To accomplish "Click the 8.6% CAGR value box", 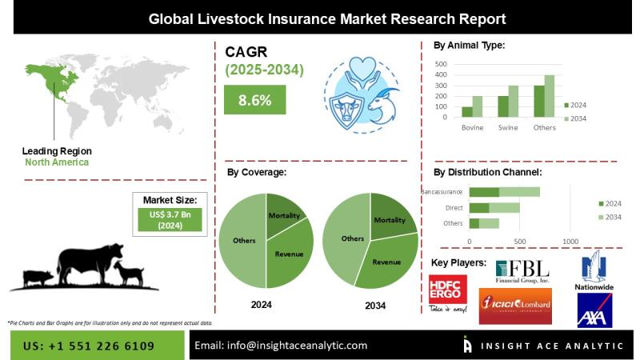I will tap(254, 101).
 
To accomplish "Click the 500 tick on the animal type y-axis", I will tap(442, 63).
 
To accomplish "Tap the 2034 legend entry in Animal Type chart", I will tap(576, 118).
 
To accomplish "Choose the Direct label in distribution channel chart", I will tap(454, 207).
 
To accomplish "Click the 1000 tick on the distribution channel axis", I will tap(570, 241).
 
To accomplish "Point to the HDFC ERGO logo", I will tap(447, 293).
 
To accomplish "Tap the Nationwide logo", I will tap(595, 272).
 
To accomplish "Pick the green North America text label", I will tap(55, 162).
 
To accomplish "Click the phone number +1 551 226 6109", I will tap(88, 346).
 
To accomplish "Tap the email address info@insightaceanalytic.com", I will tap(281, 346).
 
